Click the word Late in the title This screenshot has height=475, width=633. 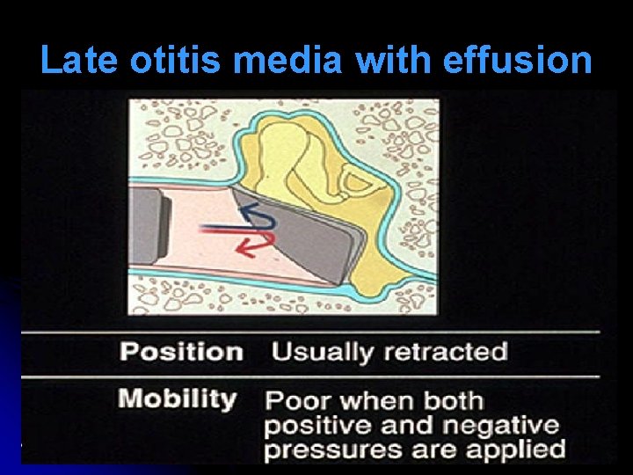click(81, 61)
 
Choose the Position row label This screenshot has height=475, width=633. click(181, 352)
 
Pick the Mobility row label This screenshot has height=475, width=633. click(178, 398)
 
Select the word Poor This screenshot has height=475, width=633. click(300, 401)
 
